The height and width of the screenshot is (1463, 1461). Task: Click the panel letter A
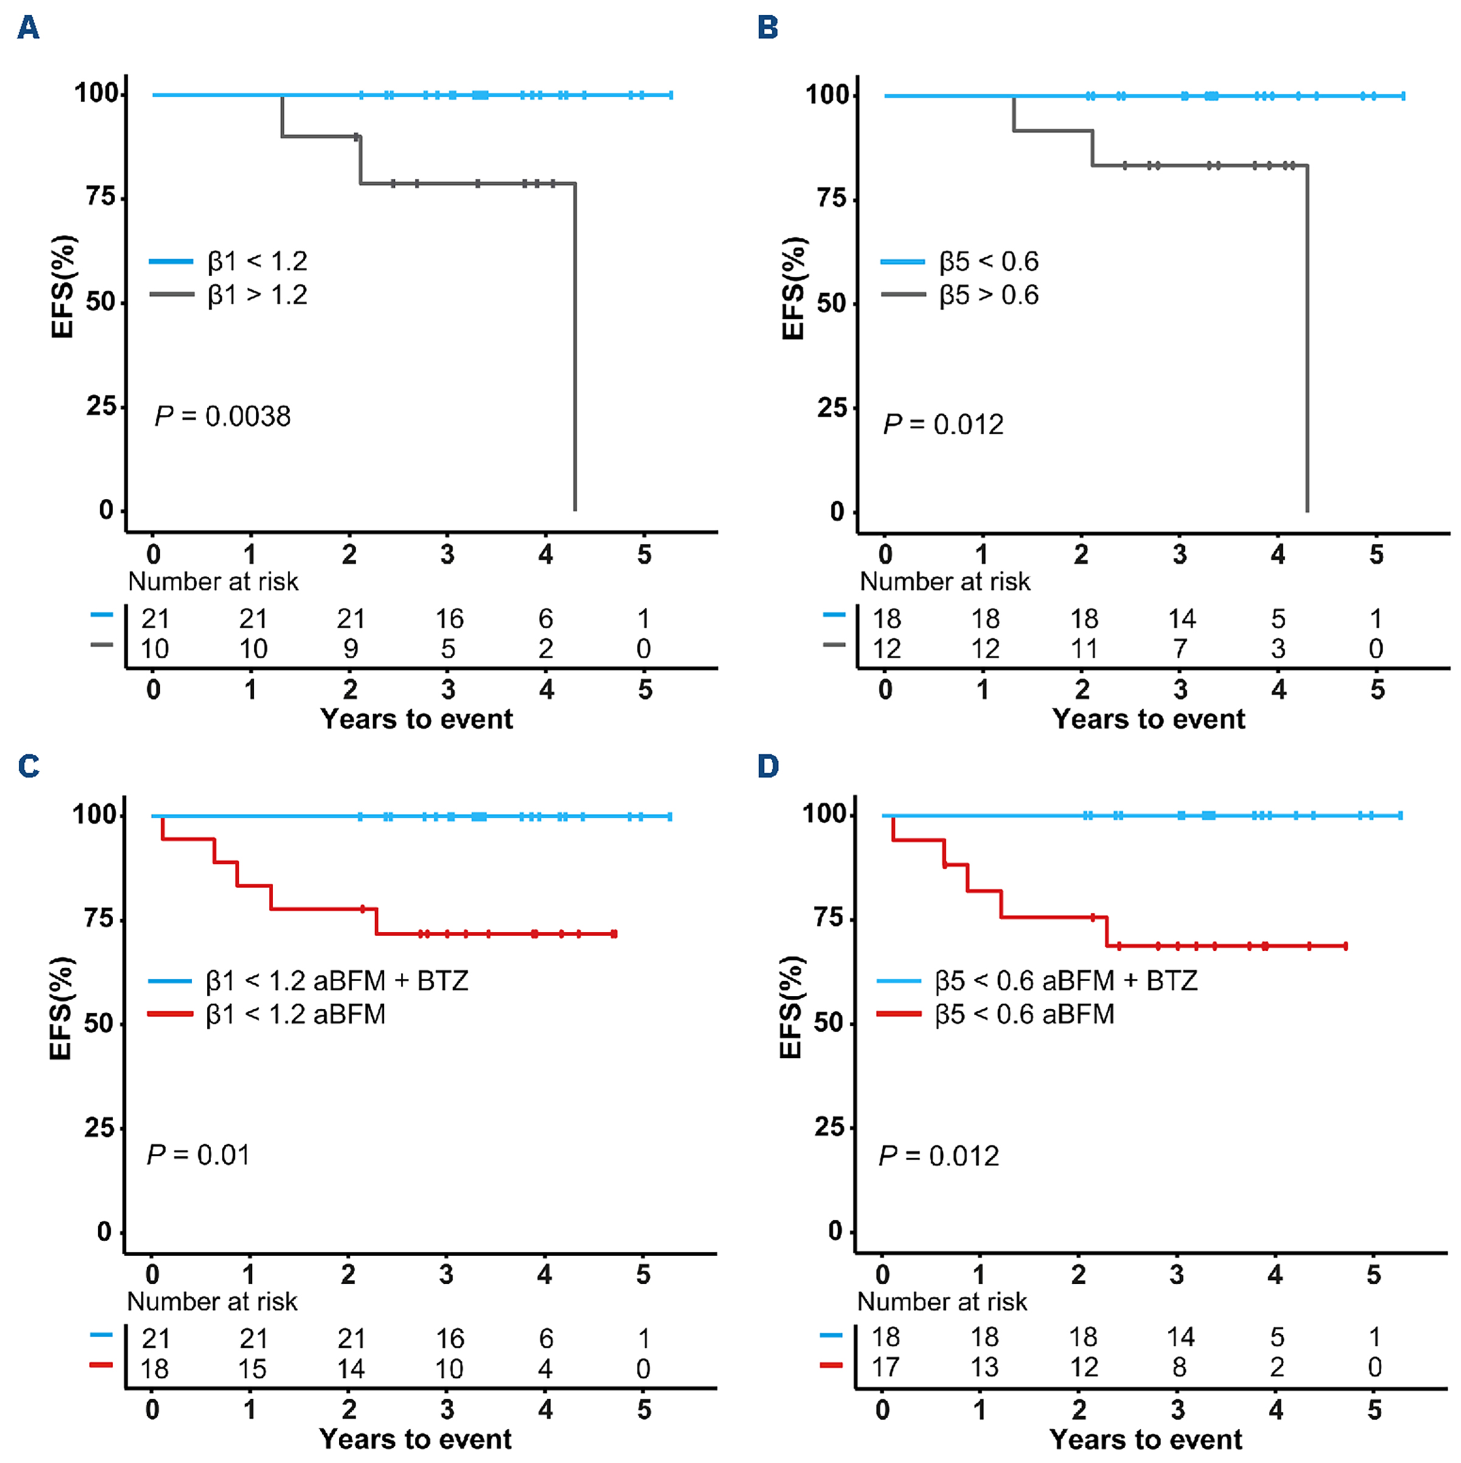tap(28, 28)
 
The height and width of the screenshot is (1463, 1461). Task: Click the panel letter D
tap(768, 766)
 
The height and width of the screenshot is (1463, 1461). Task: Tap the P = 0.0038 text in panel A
tap(223, 415)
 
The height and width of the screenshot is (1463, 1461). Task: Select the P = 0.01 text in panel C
tap(198, 1155)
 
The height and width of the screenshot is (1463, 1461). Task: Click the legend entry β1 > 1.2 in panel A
tap(257, 294)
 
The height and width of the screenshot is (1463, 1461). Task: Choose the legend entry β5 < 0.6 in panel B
tap(988, 261)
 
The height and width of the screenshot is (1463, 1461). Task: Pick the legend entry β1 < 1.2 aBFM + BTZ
tap(336, 981)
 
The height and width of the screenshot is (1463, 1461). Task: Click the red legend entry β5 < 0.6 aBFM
tap(1024, 1014)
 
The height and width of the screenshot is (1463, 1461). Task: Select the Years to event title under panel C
tap(415, 1439)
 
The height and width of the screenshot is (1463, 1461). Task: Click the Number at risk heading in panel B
tap(945, 582)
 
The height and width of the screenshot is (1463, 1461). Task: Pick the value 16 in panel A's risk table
tap(449, 619)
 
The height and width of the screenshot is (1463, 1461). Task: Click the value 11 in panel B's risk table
tap(1083, 649)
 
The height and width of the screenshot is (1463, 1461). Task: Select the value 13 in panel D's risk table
tap(984, 1367)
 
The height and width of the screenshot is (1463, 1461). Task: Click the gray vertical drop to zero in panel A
tap(575, 349)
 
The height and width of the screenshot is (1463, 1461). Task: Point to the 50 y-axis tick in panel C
tap(99, 1023)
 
